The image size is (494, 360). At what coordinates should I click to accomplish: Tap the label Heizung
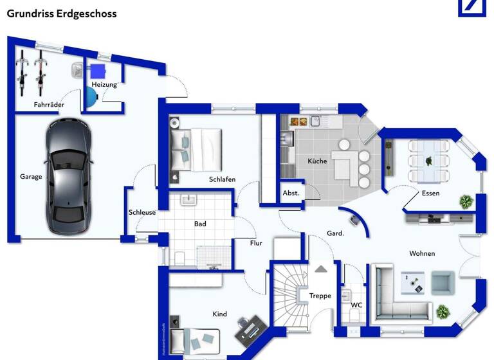click(x=104, y=84)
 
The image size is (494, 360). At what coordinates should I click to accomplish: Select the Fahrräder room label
click(x=49, y=104)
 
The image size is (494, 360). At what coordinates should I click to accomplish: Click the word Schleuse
click(x=142, y=212)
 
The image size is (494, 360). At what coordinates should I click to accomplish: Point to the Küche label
click(x=317, y=161)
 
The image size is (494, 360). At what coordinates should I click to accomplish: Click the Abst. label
click(x=291, y=193)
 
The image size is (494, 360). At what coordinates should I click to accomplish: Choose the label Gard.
click(x=336, y=233)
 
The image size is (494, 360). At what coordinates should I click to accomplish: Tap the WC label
click(x=356, y=305)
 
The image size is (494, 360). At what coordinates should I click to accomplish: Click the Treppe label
click(x=320, y=296)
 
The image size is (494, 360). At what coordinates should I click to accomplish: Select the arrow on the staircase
click(x=320, y=269)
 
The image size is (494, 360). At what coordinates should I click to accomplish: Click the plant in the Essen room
click(x=465, y=201)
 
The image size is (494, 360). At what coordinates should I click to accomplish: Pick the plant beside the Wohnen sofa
click(x=443, y=312)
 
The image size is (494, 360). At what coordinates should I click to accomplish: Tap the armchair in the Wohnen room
click(x=442, y=282)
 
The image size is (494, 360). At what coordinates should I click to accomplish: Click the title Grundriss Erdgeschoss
click(x=62, y=13)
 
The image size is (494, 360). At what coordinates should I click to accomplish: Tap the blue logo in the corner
click(x=475, y=8)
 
